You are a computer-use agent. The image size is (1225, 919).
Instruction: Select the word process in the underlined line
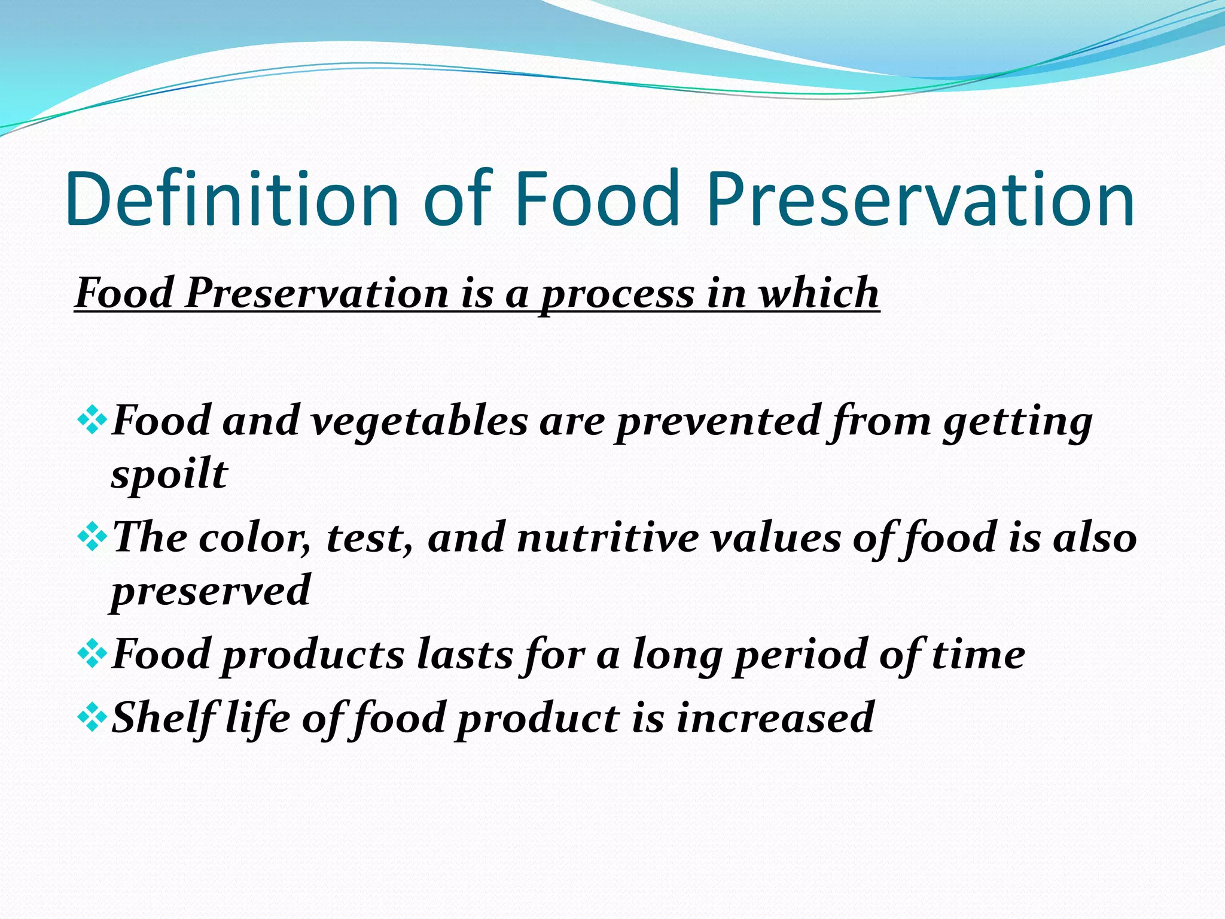coord(617,294)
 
